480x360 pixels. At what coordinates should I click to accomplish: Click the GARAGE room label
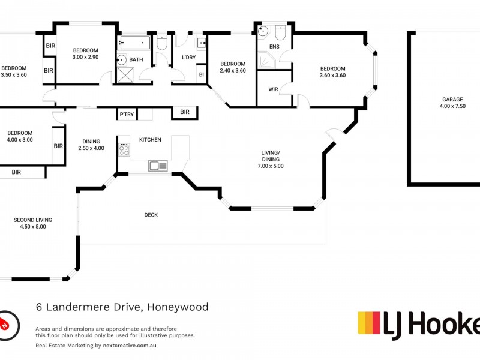click(x=452, y=100)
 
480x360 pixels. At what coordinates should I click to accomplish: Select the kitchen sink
click(x=158, y=165)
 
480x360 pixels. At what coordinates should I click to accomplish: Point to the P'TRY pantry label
click(x=126, y=114)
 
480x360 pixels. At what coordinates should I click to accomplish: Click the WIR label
click(x=273, y=89)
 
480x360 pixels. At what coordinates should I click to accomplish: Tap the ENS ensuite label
click(x=274, y=46)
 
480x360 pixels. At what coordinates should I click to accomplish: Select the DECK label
click(x=151, y=215)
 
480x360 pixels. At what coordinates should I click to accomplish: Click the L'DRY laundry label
click(x=188, y=58)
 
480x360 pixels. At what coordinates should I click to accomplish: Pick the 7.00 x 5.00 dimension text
click(x=271, y=166)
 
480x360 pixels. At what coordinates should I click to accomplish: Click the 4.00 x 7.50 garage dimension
click(x=452, y=107)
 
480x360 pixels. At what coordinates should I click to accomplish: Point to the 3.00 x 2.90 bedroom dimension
click(x=85, y=57)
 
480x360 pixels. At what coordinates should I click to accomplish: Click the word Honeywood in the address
click(x=178, y=307)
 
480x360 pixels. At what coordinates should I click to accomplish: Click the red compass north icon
click(x=5, y=324)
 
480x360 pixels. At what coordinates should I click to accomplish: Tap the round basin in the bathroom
click(x=121, y=59)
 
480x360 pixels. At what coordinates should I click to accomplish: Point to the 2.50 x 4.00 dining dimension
click(x=91, y=148)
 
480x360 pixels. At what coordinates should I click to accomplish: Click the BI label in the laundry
click(x=201, y=74)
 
